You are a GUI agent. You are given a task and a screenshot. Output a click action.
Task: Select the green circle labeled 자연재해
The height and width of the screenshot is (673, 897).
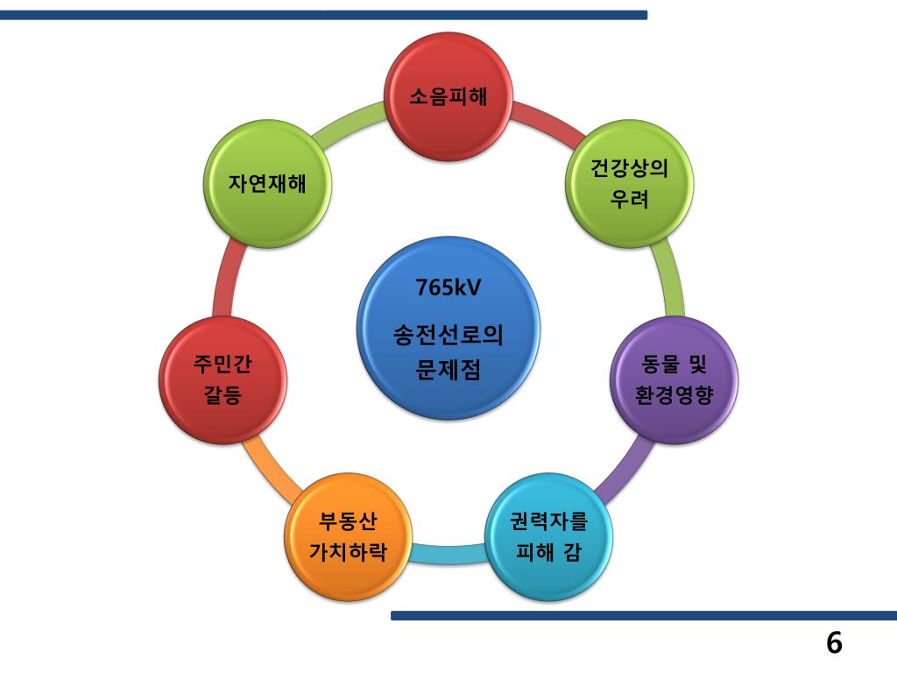268,183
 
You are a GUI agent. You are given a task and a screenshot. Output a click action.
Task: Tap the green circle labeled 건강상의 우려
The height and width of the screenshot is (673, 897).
630,183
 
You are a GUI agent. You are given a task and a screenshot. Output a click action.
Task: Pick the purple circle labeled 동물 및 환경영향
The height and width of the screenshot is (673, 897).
675,379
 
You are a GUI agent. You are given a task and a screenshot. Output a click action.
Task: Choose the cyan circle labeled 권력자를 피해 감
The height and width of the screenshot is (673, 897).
549,536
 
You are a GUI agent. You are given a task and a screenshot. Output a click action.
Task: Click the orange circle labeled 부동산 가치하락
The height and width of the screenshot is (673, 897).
349,536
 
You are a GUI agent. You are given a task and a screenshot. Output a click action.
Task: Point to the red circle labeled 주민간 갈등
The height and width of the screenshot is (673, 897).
223,379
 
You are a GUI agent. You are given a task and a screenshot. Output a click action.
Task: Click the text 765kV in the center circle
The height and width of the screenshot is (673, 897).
448,287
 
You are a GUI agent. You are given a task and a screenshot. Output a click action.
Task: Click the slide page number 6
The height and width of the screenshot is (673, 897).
833,643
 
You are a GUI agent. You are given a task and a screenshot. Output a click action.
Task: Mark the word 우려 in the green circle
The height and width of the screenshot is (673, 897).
630,200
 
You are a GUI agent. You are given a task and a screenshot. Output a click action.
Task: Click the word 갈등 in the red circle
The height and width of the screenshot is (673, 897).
223,395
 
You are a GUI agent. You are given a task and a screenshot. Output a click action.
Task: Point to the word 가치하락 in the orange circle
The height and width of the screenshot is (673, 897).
349,553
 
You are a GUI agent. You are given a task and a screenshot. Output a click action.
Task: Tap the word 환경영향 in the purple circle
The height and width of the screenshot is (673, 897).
675,395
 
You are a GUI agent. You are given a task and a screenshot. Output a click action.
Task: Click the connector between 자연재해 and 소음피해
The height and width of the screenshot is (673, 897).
349,123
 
